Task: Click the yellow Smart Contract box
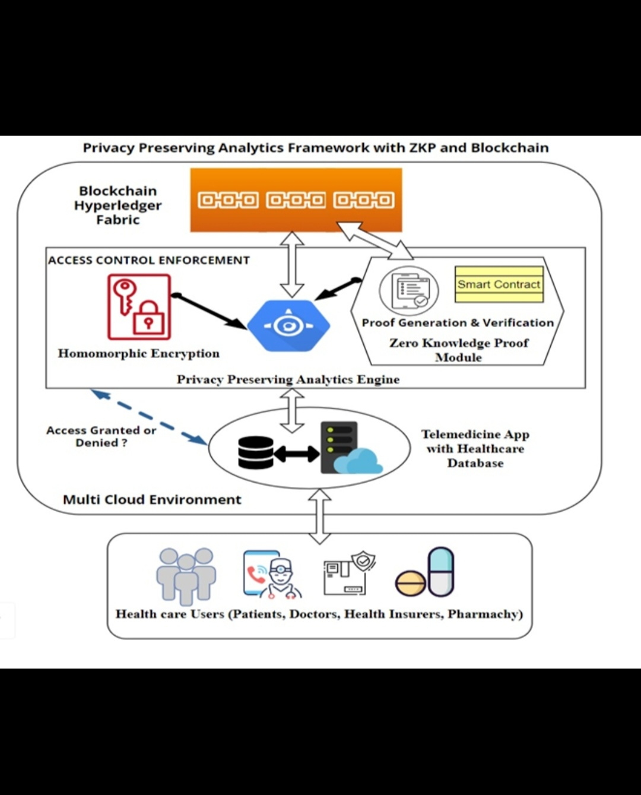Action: (x=499, y=284)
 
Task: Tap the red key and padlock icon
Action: (x=139, y=306)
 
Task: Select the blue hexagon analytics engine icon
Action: (x=288, y=325)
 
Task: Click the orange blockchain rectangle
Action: (x=296, y=200)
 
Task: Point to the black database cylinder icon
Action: (x=255, y=453)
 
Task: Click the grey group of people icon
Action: (x=186, y=574)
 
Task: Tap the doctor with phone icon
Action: (x=271, y=574)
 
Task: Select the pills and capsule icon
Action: (x=426, y=573)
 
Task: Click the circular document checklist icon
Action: (x=409, y=290)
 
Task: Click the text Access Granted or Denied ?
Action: (x=101, y=436)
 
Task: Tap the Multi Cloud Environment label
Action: (x=152, y=499)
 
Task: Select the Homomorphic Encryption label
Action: (x=138, y=353)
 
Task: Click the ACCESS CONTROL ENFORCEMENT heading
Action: (x=149, y=260)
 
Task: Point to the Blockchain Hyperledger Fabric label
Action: (x=118, y=205)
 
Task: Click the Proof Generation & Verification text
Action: (x=458, y=322)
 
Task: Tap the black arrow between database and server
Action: (x=297, y=454)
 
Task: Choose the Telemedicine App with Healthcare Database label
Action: (x=475, y=449)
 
